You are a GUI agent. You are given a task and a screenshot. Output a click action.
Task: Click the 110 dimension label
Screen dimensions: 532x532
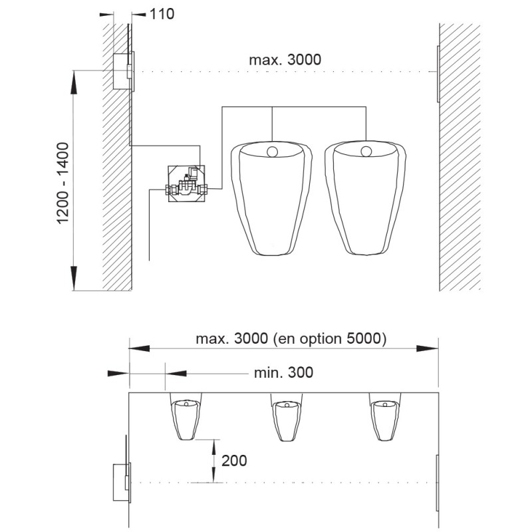(162, 14)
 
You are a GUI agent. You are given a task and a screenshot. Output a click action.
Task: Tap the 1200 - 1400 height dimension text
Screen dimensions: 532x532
(63, 184)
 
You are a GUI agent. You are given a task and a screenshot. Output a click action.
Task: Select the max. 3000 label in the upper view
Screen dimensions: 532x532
(285, 60)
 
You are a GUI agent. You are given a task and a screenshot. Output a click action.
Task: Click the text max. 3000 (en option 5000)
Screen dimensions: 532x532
(291, 338)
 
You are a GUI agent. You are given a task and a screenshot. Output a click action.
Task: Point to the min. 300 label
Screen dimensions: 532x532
(283, 372)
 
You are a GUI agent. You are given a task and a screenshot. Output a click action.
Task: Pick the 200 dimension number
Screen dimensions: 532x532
(234, 461)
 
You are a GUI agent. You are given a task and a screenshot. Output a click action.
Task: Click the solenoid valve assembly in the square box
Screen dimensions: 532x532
(187, 184)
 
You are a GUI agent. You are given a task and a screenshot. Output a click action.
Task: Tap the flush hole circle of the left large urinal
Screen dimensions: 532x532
(273, 152)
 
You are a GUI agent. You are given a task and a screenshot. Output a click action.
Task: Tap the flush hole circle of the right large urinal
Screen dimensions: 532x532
(366, 152)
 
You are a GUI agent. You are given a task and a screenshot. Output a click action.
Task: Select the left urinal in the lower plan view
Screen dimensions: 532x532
(186, 417)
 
